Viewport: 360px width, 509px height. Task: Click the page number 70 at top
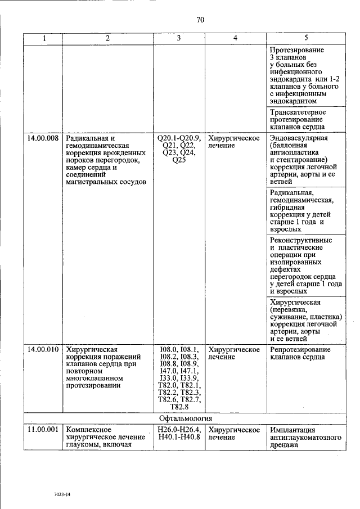200,20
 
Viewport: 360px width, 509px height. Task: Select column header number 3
179,39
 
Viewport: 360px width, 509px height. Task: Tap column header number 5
305,39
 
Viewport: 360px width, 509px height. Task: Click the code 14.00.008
43,138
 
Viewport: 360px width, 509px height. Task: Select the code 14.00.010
43,350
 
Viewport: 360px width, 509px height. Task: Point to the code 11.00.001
43,430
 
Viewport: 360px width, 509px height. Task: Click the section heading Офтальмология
185,418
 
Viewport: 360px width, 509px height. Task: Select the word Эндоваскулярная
299,138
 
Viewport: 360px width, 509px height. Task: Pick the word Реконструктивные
300,240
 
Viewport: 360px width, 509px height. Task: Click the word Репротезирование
300,350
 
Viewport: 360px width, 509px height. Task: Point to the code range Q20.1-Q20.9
179,138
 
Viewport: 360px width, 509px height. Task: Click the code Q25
179,160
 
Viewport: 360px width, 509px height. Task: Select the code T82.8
179,407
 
